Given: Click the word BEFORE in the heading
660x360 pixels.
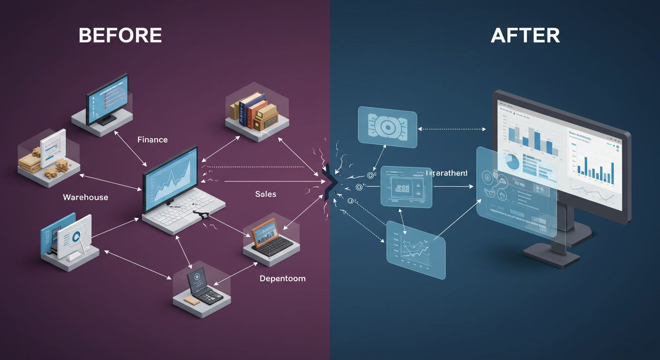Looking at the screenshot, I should point(120,36).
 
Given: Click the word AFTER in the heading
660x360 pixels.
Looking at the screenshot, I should point(525,36).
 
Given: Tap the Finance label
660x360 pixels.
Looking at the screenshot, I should point(152,140).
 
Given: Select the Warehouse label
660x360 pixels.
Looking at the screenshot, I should point(85,197).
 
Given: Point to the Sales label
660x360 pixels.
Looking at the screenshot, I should point(266,194).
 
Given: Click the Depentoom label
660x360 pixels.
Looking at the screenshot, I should point(282,278).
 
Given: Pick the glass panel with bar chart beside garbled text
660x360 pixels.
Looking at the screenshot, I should point(406,186).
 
